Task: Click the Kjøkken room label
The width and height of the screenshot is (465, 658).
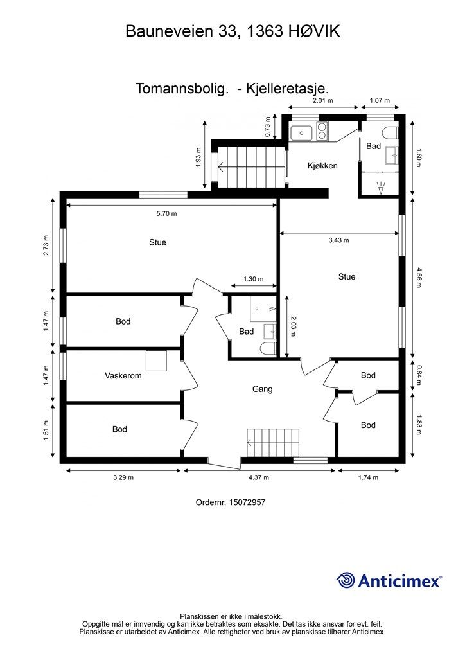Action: (322, 166)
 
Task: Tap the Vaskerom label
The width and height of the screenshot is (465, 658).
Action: (123, 375)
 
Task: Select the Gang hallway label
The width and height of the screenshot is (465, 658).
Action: (263, 389)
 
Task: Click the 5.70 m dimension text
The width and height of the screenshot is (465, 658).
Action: (166, 213)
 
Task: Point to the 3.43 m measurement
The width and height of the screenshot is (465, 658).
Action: (338, 240)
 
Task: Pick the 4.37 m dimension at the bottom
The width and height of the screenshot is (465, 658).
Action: (259, 477)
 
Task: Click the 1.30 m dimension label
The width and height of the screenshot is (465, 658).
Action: (253, 279)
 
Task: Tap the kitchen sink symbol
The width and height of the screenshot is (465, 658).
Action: (301, 132)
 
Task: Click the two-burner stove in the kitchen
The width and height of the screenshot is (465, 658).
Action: (322, 131)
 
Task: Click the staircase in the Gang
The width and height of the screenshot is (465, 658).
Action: (273, 443)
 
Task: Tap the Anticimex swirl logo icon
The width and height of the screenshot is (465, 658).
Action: (346, 580)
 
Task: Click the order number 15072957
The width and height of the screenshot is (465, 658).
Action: (247, 502)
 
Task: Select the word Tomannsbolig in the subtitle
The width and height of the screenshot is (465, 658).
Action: (182, 89)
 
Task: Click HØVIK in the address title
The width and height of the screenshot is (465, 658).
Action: (314, 31)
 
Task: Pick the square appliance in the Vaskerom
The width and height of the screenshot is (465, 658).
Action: (156, 360)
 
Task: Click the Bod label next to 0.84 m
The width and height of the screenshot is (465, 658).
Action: (368, 375)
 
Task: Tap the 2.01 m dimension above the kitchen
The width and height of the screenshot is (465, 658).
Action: (323, 100)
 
